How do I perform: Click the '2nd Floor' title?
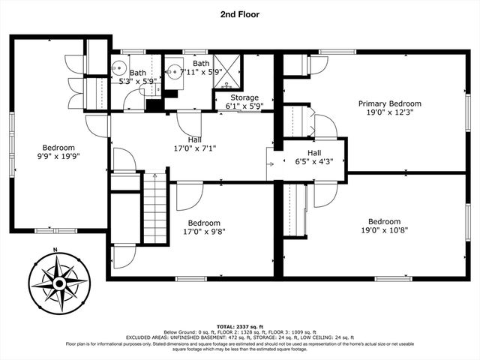click(x=241, y=13)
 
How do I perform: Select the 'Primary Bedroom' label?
click(x=389, y=103)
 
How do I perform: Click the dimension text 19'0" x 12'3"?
click(x=389, y=112)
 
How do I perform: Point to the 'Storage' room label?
click(x=244, y=98)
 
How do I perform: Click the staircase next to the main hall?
click(x=154, y=206)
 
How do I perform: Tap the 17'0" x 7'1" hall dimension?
click(x=194, y=148)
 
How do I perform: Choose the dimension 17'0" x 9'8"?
click(x=204, y=232)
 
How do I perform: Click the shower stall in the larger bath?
click(x=228, y=72)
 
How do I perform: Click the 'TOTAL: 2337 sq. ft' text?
click(x=240, y=326)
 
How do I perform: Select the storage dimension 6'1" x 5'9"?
click(x=244, y=106)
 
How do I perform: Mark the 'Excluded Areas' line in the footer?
click(x=240, y=337)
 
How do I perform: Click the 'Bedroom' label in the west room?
click(x=58, y=148)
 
